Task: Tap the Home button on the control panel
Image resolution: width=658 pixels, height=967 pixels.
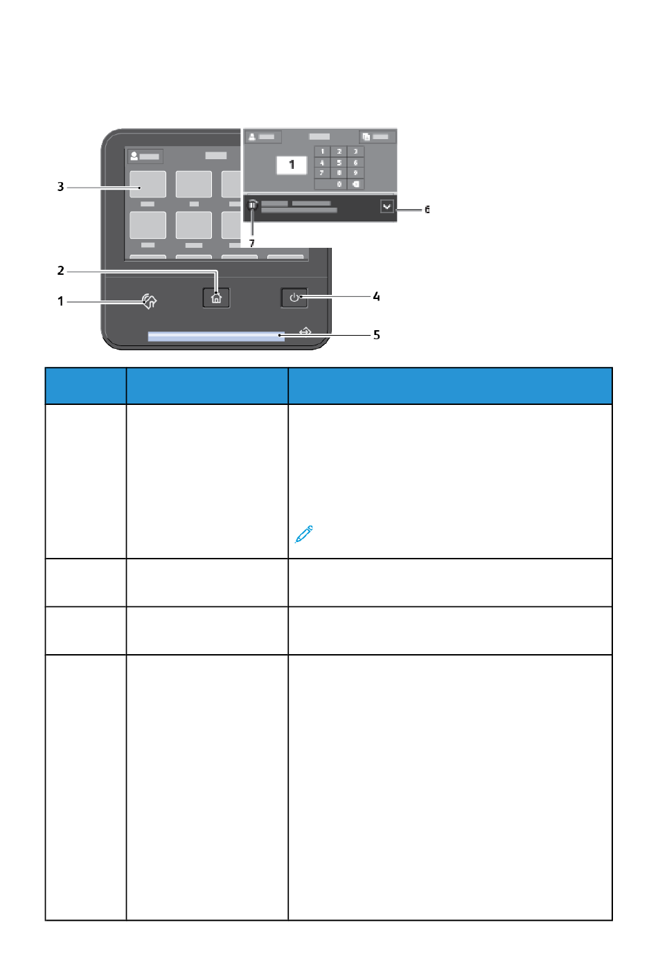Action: click(216, 298)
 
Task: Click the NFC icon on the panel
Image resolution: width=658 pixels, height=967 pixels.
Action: click(150, 300)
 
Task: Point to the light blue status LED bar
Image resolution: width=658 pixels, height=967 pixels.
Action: click(215, 336)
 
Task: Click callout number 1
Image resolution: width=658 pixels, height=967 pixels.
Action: click(60, 301)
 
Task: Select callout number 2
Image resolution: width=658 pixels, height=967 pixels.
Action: click(60, 271)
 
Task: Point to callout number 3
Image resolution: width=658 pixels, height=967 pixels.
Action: click(60, 187)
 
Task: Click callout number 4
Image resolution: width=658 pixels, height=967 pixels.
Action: click(376, 296)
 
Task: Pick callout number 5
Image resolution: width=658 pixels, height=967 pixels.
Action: click(376, 335)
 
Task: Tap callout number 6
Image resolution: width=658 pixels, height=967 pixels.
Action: click(427, 209)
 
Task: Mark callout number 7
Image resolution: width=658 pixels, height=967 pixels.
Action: click(251, 244)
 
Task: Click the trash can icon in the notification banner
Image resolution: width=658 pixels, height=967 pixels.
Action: click(253, 206)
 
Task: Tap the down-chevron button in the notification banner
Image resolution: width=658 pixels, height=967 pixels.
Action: click(386, 206)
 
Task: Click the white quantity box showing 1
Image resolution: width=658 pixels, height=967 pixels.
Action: click(292, 165)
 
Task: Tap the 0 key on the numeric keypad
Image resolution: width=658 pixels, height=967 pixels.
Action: click(339, 184)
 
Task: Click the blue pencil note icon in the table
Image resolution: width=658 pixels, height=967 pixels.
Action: click(304, 534)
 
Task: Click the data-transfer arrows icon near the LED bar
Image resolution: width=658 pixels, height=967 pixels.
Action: click(305, 332)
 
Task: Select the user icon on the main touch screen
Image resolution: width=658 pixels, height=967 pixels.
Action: click(134, 156)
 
